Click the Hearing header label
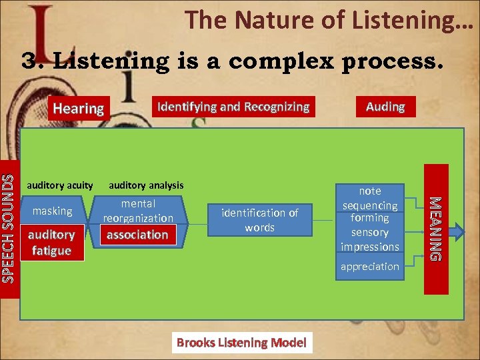78,108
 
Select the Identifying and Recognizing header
232,107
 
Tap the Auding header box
385,107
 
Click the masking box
52,211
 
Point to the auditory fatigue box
51,242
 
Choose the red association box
137,235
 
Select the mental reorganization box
137,211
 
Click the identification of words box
259,220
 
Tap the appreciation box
369,267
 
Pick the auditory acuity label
59,185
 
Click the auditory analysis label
146,185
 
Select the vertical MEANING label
435,228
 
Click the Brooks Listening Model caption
241,343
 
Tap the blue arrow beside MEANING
458,232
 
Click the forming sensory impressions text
369,232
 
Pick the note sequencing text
369,198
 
